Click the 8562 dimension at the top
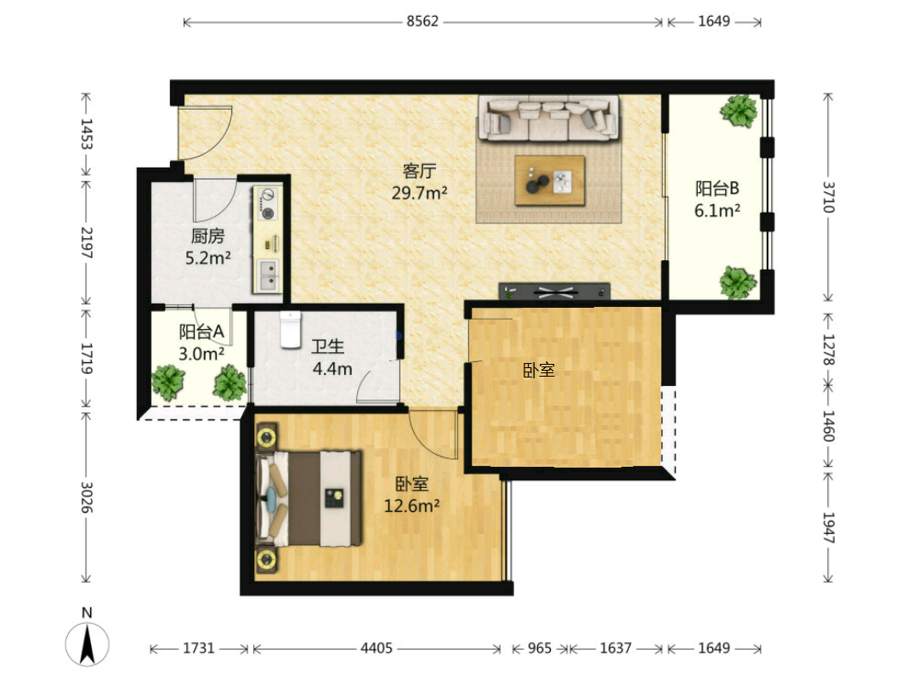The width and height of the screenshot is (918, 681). pos(422,21)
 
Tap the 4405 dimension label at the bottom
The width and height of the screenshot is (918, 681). pos(377,648)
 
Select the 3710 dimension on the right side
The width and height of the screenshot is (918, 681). pos(828,197)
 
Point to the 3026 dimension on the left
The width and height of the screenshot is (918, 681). pos(86,497)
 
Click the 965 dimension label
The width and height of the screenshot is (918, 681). pos(539,648)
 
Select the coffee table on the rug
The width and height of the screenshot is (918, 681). pos(550,180)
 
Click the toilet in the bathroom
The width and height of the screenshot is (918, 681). pos(290,330)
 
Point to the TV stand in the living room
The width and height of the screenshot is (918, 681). pos(554,291)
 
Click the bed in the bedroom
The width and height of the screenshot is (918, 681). pos(309,497)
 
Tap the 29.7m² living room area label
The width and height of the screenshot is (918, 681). pos(420,192)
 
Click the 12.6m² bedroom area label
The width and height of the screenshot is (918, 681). pos(411,505)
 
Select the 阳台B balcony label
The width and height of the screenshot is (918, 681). pos(717,189)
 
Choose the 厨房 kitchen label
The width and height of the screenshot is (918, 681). pos(208,236)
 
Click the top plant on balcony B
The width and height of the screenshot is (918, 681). pos(739,111)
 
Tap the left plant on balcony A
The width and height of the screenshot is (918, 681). pos(168,383)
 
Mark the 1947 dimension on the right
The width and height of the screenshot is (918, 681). pos(828,528)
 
